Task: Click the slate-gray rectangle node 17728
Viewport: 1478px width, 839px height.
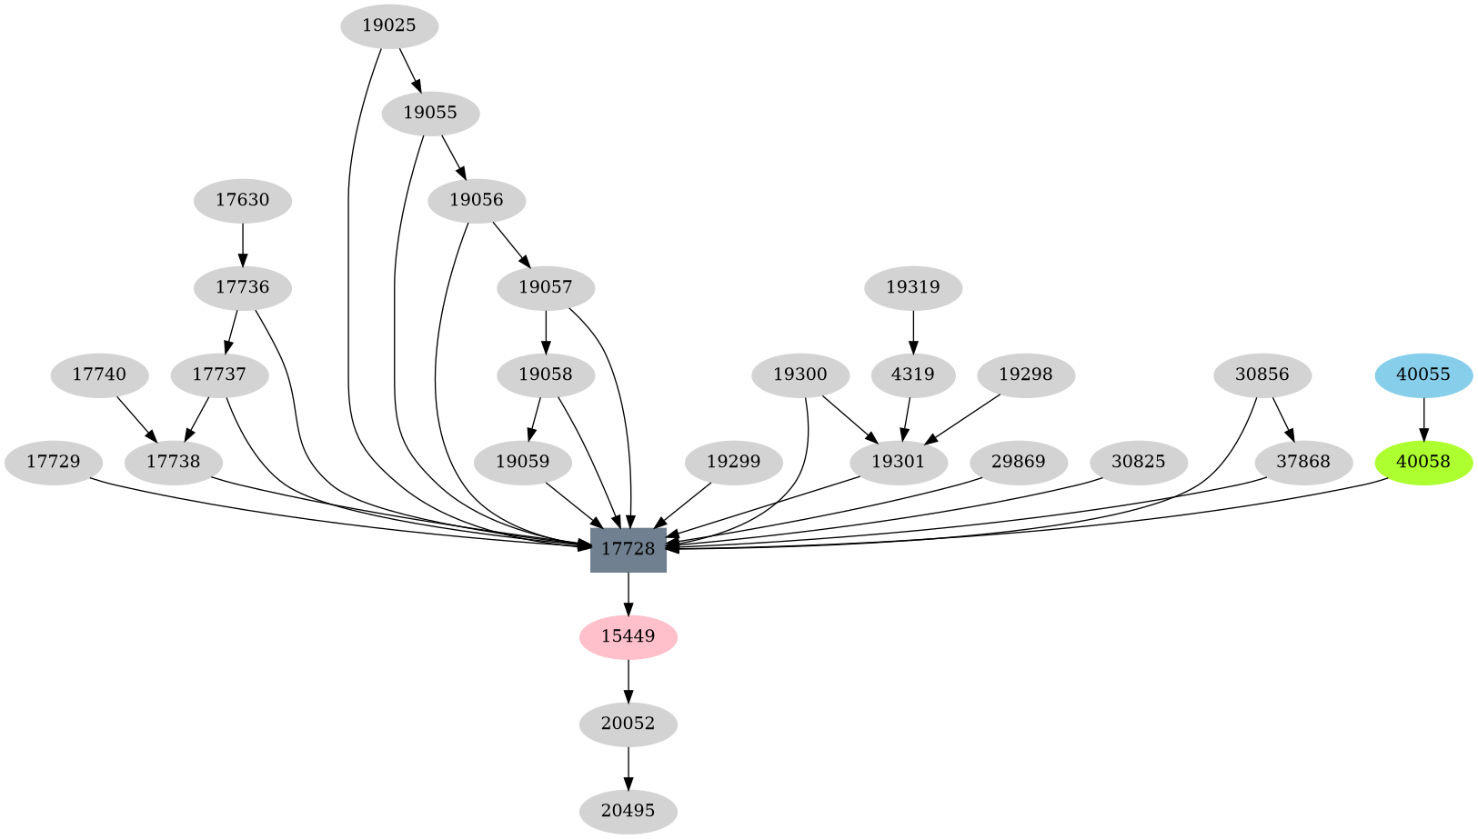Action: [628, 549]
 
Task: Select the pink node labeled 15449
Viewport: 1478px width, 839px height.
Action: [628, 636]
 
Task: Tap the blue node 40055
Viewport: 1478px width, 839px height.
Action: [1423, 375]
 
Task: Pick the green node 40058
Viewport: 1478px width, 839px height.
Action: [1423, 462]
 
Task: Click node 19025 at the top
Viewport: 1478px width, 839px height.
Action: [389, 25]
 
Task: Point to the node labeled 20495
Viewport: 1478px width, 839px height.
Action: [628, 811]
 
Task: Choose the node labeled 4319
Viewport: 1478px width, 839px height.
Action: [912, 375]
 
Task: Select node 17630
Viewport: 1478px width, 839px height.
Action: [243, 200]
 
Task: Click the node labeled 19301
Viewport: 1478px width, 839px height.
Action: [899, 462]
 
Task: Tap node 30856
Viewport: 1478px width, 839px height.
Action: [1262, 375]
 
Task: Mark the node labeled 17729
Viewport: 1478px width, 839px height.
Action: [53, 462]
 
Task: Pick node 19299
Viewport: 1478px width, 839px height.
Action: [733, 462]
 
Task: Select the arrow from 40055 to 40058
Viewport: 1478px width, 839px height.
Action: [1423, 418]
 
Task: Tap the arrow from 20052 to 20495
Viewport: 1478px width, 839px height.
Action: [628, 768]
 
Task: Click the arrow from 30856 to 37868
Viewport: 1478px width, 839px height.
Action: [1283, 419]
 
